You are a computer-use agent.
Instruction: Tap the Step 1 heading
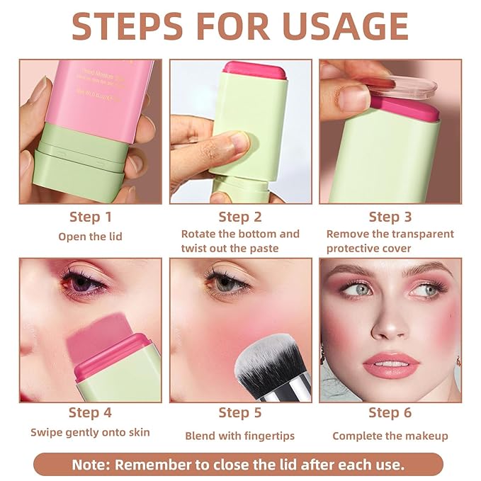(90, 217)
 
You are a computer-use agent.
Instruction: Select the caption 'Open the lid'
(90, 236)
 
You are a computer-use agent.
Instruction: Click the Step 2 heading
(240, 217)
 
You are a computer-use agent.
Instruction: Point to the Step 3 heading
(390, 217)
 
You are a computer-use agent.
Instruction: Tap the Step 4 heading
(90, 412)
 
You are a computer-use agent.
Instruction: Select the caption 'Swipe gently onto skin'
(90, 432)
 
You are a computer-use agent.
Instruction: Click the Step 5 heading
(240, 412)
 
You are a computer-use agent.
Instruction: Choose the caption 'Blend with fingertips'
(240, 436)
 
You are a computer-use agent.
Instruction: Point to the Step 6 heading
(390, 412)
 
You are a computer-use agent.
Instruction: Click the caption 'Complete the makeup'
(390, 436)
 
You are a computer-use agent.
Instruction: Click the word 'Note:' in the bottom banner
(91, 465)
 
